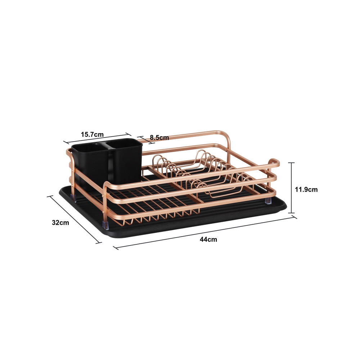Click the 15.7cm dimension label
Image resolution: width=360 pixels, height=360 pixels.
coord(92,134)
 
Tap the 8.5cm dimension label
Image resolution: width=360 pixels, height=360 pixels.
coord(159,138)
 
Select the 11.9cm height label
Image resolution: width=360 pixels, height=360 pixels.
coord(306,189)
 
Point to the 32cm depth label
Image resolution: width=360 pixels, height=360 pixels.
coord(60,222)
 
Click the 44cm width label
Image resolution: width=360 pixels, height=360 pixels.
coord(208,239)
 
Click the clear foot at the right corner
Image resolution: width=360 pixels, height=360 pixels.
coord(268,200)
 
